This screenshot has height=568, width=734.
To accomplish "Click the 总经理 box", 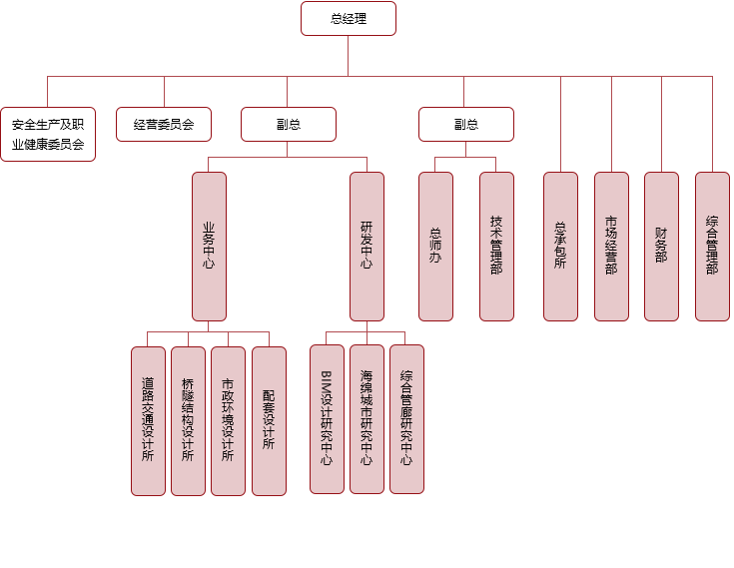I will (349, 18).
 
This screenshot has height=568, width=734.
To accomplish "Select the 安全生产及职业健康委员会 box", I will (48, 134).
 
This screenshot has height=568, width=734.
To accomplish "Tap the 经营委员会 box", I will (164, 124).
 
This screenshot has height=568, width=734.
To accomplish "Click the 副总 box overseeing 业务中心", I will (288, 124).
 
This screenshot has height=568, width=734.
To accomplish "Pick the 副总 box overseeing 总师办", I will (465, 124).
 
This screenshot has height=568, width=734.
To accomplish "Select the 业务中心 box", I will (209, 246).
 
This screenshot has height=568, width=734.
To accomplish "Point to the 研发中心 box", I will (367, 246).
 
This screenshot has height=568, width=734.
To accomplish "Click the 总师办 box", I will (435, 246).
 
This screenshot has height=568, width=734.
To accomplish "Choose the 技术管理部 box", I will (496, 246).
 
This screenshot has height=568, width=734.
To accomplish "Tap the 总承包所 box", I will (560, 246).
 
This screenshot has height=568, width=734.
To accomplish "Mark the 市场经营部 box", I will (611, 246).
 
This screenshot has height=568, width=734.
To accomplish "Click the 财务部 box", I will (661, 246).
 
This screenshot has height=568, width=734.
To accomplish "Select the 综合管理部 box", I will (712, 246).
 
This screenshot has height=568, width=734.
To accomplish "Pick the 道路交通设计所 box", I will (148, 420).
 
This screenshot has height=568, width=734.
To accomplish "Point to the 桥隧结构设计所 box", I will (188, 420).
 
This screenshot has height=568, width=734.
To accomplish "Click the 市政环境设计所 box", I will (228, 420).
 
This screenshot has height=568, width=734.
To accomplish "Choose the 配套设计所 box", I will (269, 420).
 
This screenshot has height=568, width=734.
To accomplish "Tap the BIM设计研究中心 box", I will (327, 418).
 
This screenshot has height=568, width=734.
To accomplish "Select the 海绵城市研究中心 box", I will (367, 418).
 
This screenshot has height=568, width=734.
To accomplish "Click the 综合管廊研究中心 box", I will (406, 418).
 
